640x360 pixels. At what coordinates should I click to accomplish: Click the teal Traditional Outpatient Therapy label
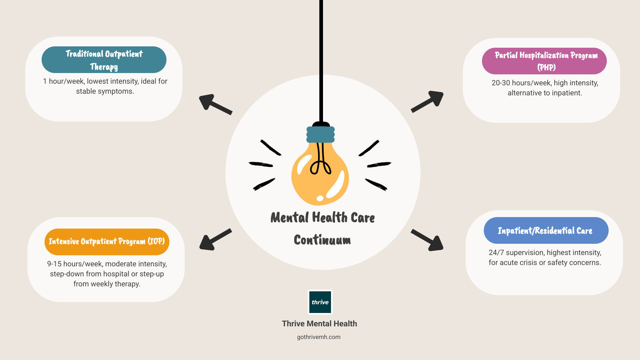[104, 60]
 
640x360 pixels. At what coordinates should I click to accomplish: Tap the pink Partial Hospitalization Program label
[544, 61]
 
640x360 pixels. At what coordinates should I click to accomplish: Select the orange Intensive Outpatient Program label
[107, 242]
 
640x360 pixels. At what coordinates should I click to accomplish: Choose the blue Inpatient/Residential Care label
[546, 230]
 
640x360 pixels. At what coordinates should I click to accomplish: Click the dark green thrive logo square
[320, 302]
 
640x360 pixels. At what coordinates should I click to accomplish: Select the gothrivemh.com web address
[319, 337]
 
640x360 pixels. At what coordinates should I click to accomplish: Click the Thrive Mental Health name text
[319, 324]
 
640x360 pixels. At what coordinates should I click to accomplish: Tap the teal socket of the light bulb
[321, 134]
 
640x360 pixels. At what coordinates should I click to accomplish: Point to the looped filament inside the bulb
[320, 165]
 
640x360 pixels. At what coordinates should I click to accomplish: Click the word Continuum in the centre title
[322, 240]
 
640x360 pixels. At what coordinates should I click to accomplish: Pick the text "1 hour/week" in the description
[63, 81]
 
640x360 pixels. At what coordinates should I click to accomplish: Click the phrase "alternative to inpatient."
[545, 93]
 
